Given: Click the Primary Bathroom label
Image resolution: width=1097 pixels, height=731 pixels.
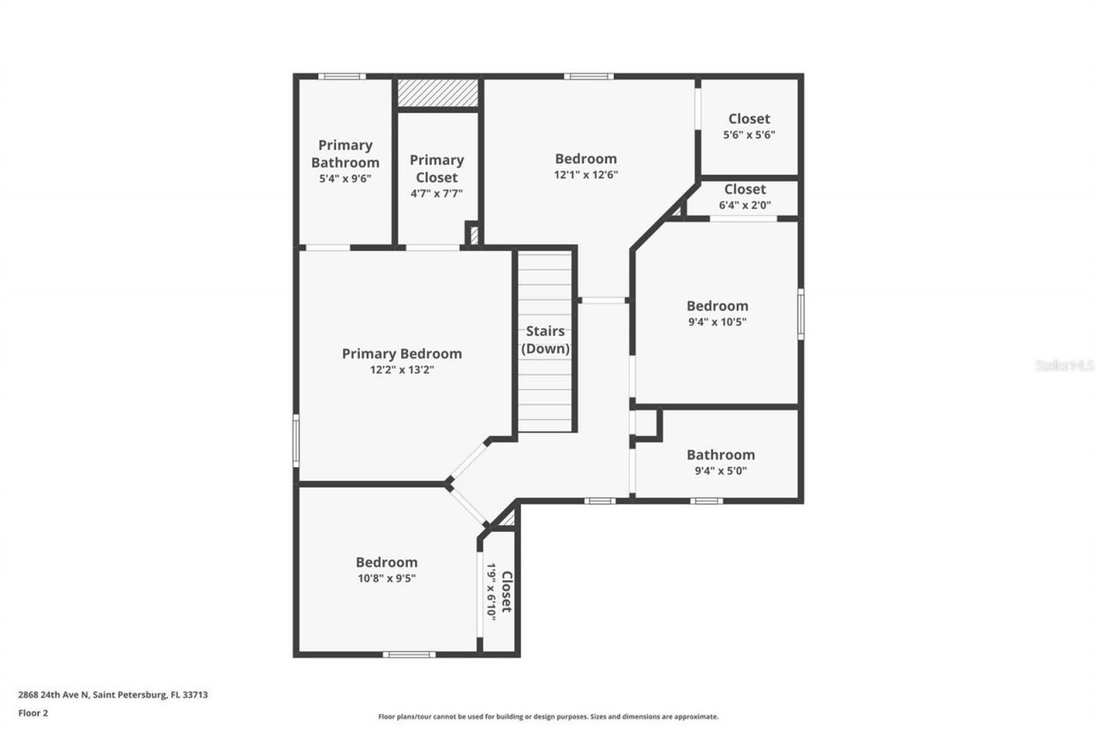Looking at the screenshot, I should click(x=345, y=154).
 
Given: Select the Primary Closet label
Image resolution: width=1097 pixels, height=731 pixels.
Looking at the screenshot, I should click(x=436, y=168).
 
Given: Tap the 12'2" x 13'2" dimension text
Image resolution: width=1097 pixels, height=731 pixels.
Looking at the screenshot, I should click(x=401, y=370).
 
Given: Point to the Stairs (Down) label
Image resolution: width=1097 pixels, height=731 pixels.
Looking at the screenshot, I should click(x=546, y=340).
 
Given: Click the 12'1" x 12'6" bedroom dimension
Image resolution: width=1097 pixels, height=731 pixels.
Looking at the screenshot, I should click(x=585, y=174).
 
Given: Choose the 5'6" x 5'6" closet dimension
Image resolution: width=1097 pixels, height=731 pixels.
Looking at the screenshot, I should click(x=749, y=135).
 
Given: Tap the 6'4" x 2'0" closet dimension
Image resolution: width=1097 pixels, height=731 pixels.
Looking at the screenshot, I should click(x=745, y=205).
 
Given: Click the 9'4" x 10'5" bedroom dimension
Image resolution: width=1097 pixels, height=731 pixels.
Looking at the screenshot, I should click(x=716, y=321).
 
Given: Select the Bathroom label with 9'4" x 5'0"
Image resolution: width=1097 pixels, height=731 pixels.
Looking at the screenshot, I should click(x=720, y=455).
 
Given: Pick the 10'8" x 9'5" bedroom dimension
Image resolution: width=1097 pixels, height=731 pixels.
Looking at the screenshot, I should click(x=387, y=578).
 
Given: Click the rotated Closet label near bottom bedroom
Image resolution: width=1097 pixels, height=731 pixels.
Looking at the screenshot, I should click(x=507, y=591).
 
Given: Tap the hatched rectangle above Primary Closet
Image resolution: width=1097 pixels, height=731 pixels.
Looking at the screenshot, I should click(x=438, y=93).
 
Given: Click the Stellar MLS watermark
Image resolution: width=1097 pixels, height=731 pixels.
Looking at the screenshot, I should click(x=1064, y=365).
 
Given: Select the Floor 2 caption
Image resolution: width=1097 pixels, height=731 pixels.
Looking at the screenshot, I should click(x=33, y=712).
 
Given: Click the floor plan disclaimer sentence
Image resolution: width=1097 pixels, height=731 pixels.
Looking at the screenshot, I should click(x=548, y=716).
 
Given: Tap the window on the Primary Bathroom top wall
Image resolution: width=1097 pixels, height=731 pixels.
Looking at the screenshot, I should click(x=342, y=76).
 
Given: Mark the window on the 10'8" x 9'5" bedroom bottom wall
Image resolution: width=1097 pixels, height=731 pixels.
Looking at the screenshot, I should click(x=409, y=655).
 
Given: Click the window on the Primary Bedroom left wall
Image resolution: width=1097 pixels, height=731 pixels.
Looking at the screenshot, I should click(x=296, y=440).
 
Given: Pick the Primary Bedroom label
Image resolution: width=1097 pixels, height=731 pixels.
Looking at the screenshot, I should click(x=401, y=354).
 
